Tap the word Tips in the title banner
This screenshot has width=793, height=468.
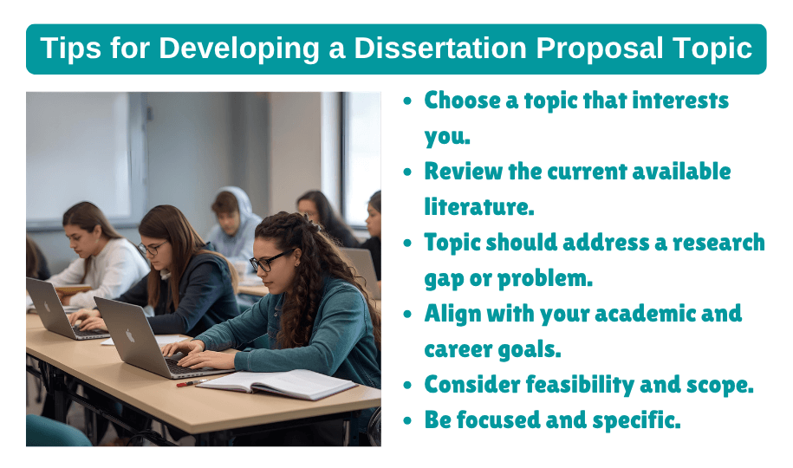(x=70, y=49)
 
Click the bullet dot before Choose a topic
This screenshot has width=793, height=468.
(x=408, y=101)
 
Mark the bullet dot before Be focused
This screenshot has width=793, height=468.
(x=408, y=421)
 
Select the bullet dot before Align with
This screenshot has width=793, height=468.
(x=408, y=315)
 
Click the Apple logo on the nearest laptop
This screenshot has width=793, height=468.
(x=130, y=335)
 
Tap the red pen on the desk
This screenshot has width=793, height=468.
(x=192, y=381)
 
